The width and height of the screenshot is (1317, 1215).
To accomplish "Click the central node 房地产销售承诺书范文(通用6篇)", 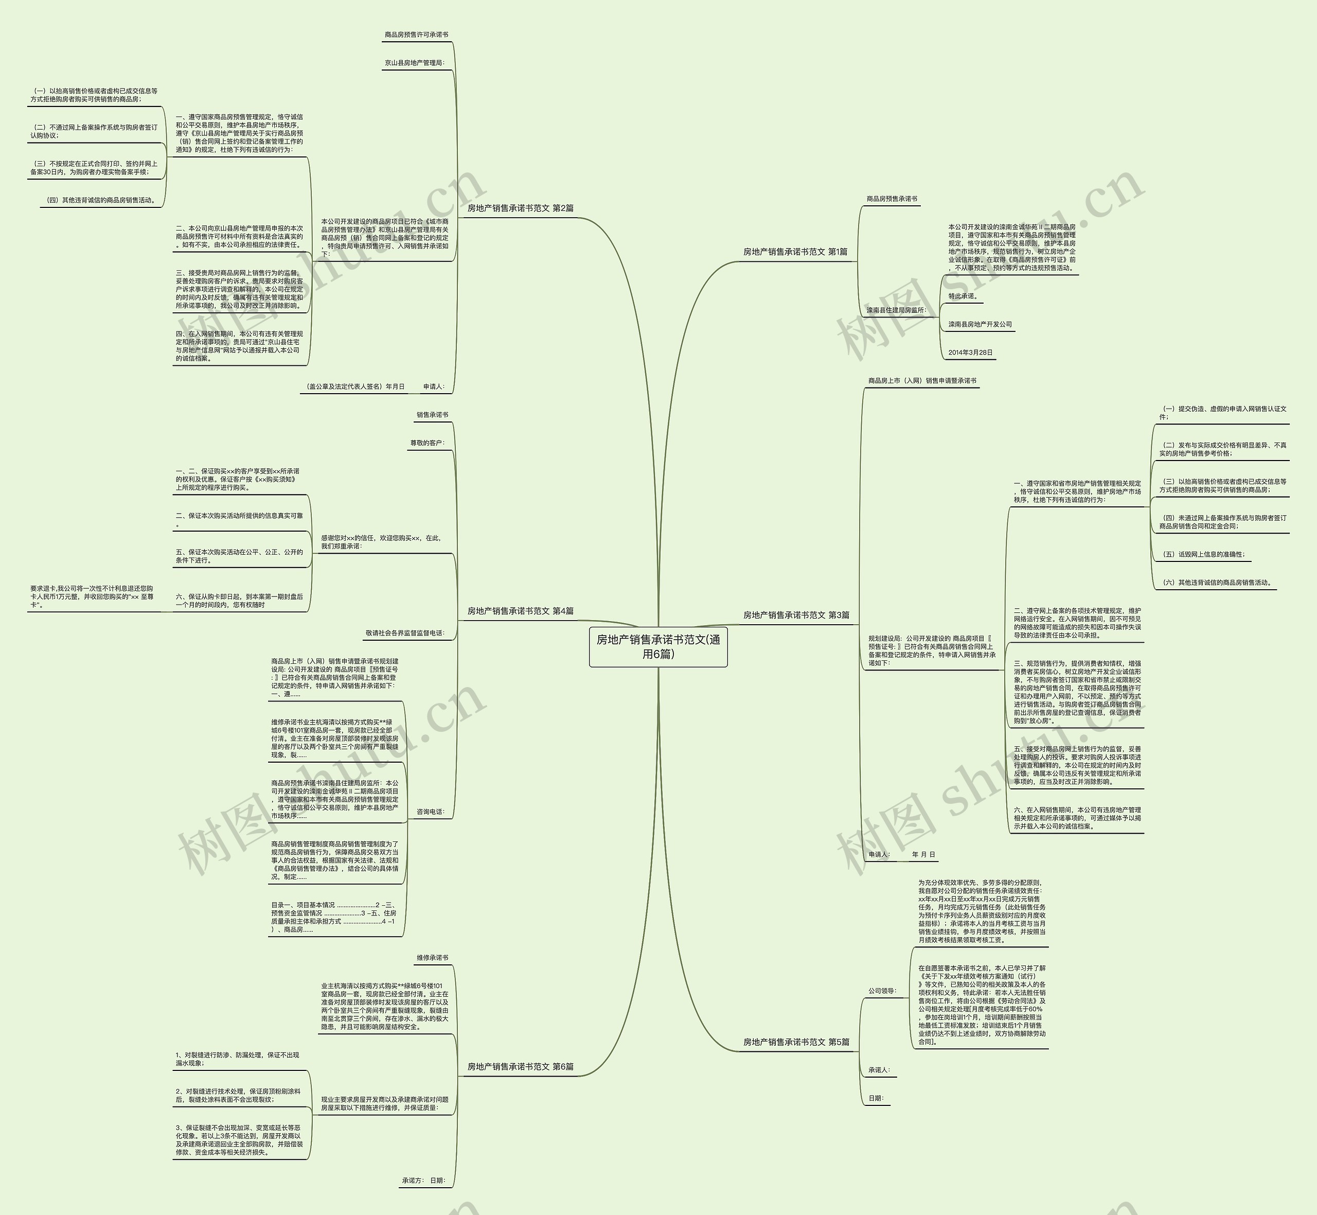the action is [x=658, y=646].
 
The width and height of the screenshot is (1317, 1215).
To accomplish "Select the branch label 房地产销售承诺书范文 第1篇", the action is [x=795, y=252].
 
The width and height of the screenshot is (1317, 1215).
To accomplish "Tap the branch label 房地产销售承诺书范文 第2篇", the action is [x=521, y=208].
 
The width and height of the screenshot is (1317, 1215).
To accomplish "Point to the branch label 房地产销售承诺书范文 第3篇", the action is [x=796, y=615].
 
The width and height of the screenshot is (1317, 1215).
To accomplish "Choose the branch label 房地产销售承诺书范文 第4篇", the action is [x=521, y=611].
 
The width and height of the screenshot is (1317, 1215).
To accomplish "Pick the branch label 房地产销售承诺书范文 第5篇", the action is [x=796, y=1042].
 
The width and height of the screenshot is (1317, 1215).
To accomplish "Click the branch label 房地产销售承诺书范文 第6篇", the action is [x=521, y=1066].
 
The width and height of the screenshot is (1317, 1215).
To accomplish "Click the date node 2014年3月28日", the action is [x=970, y=353].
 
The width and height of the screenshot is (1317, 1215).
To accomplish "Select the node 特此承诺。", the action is [x=963, y=296].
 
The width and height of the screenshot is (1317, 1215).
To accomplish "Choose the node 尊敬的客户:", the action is [x=427, y=443].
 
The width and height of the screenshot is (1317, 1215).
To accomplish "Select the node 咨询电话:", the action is [x=431, y=812].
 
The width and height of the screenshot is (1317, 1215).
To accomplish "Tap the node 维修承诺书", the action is [x=433, y=958].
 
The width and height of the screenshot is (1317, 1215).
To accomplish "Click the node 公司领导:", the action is [x=882, y=991].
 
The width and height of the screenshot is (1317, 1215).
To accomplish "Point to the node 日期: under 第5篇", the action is [x=876, y=1098].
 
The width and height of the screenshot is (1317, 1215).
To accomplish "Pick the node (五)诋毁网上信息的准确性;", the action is [x=1203, y=554].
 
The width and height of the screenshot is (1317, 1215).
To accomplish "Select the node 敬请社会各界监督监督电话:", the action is [x=405, y=633].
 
